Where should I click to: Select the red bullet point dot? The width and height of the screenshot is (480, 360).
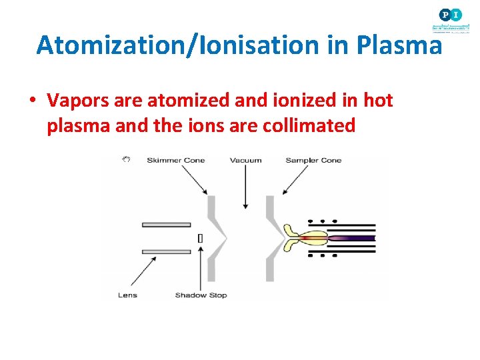point(31,101)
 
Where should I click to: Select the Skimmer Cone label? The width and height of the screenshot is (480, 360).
point(175,160)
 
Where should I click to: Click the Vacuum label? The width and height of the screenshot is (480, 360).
point(245,160)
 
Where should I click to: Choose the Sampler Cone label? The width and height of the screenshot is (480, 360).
point(313,160)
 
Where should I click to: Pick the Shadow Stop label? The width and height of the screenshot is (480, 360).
point(201,295)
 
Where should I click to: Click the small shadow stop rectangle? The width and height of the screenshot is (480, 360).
point(201,238)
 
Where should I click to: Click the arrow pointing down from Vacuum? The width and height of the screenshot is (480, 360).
point(245,187)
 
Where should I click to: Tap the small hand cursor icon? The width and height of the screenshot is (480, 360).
point(125,159)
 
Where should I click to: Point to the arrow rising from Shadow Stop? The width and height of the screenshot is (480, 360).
point(201,267)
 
